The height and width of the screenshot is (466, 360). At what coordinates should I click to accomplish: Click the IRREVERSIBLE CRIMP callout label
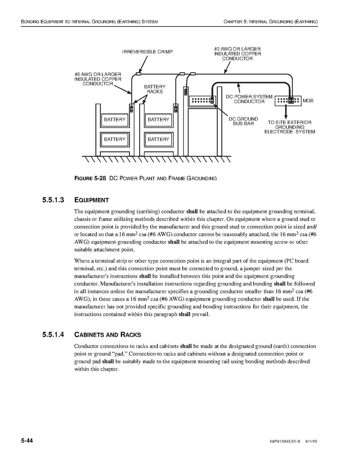(x=147, y=52)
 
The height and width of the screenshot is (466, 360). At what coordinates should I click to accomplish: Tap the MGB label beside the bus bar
(x=308, y=101)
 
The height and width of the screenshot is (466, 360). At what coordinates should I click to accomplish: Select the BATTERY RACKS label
(x=155, y=89)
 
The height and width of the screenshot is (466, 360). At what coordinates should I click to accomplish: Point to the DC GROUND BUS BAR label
(x=243, y=121)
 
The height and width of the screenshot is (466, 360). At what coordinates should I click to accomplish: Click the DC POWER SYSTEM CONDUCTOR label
(x=249, y=99)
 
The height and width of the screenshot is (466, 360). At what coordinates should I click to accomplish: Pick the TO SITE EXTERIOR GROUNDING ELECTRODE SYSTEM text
(x=290, y=127)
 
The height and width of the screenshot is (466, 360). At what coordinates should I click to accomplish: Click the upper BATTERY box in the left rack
(x=115, y=120)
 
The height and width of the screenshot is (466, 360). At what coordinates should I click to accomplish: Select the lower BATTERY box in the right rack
(x=158, y=139)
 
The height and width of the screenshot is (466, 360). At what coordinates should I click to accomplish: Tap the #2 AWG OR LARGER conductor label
(x=237, y=54)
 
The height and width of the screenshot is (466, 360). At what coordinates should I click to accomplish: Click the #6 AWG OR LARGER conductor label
(x=98, y=79)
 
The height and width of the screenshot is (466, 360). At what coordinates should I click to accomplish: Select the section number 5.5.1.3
(x=53, y=200)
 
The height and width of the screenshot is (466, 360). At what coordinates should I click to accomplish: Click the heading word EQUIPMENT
(x=91, y=200)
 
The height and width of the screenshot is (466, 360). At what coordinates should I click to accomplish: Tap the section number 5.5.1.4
(x=53, y=335)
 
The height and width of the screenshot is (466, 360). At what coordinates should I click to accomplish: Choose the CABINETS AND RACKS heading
(x=107, y=335)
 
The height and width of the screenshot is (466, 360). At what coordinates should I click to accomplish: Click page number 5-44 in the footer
(x=27, y=441)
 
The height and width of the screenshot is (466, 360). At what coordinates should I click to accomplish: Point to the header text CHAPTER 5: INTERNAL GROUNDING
(x=271, y=21)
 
